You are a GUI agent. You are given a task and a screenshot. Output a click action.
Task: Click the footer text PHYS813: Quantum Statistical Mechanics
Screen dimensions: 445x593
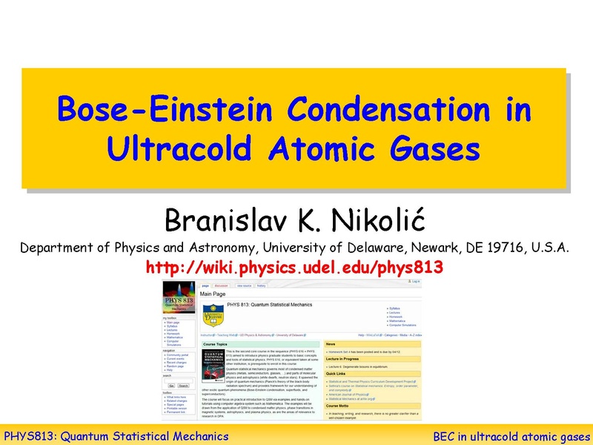pos(116,436)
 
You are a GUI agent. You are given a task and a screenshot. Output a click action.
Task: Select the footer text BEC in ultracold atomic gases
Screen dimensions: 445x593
pos(510,436)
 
